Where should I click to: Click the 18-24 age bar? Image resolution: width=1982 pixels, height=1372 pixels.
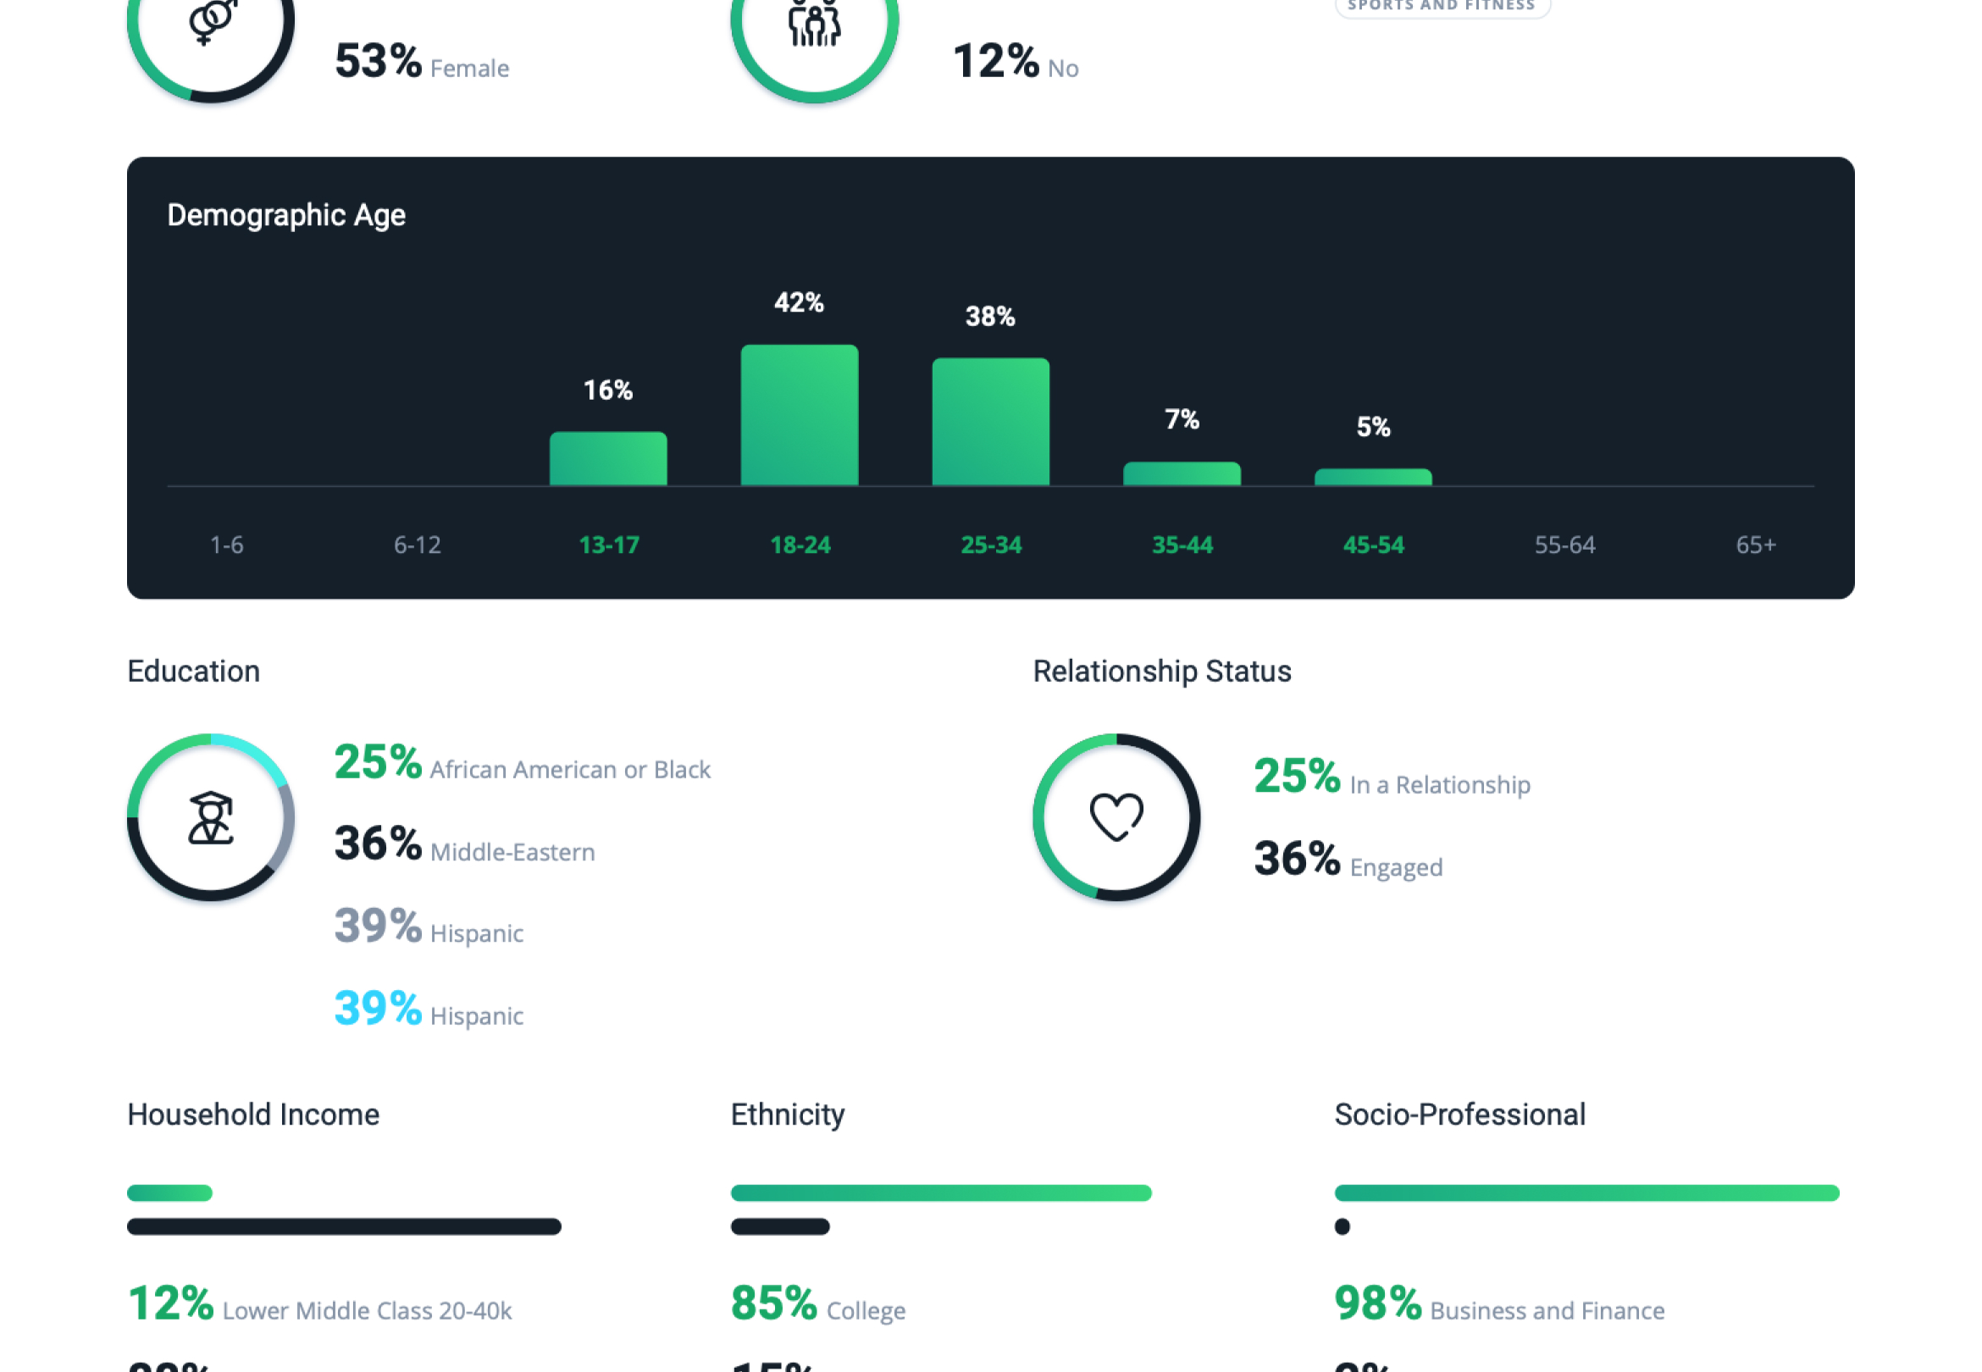pos(800,415)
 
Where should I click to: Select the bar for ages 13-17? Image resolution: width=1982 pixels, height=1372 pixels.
pos(607,458)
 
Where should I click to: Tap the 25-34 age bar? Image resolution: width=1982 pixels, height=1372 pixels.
pos(990,421)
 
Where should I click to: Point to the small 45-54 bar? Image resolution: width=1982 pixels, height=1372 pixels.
pos(1373,477)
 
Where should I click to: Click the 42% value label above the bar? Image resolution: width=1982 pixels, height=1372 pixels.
pos(799,302)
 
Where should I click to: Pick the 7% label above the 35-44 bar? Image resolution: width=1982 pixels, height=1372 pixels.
pos(1181,419)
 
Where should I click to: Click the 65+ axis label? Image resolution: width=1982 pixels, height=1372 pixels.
pos(1755,545)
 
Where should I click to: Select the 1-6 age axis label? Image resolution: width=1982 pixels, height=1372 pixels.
pos(227,545)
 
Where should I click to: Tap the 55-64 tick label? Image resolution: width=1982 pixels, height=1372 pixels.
pos(1564,545)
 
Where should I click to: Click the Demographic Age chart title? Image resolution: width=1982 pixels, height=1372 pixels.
pos(286,215)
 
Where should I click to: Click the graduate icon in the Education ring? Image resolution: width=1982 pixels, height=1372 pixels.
pos(211,817)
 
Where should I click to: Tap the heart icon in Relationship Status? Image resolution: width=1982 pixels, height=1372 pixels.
pos(1116,816)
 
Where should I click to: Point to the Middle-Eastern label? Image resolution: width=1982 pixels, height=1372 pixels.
pos(512,852)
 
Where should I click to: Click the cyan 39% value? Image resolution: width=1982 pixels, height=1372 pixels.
pos(377,1009)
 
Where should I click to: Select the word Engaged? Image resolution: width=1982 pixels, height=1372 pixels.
pos(1396,867)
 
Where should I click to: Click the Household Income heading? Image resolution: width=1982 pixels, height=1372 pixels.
pos(253,1115)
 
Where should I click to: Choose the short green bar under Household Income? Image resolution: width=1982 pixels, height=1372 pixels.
pos(169,1193)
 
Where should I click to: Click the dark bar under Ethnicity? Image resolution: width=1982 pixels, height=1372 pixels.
pos(779,1226)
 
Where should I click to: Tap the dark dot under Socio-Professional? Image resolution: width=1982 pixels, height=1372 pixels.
pos(1342,1226)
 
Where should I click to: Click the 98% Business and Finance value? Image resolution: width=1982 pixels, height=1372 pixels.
pos(1377,1303)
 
